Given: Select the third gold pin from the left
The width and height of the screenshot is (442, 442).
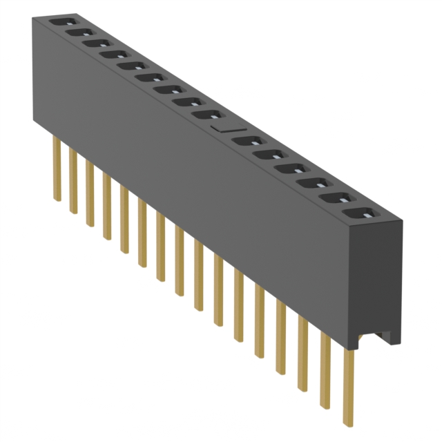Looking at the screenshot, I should pyautogui.click(x=90, y=193).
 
